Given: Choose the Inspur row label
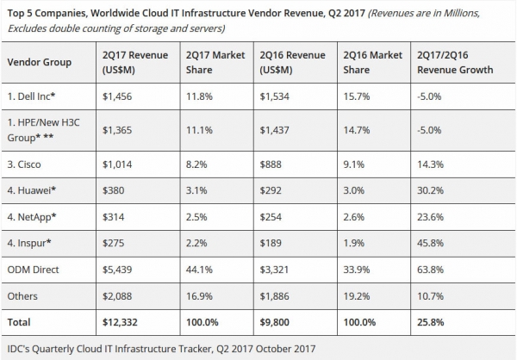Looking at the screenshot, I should [x=29, y=244].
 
